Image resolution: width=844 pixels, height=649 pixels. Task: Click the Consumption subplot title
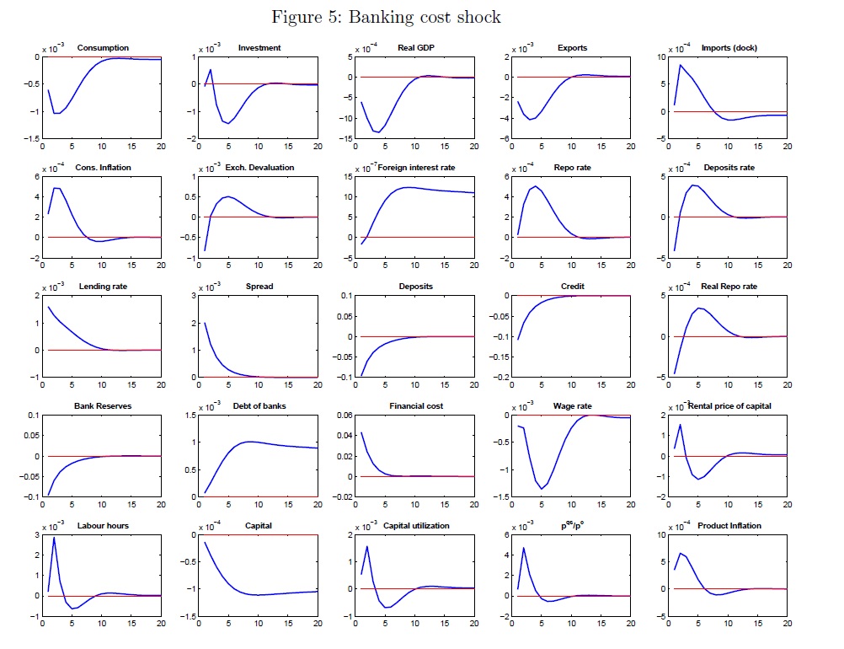pyautogui.click(x=103, y=48)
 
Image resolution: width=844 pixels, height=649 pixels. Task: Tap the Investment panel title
pyautogui.click(x=259, y=48)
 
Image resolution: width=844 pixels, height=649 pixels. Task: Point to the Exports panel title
pyautogui.click(x=573, y=48)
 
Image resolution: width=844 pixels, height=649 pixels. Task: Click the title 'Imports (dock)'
pyautogui.click(x=729, y=48)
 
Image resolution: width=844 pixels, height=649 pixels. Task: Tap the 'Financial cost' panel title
pyautogui.click(x=416, y=406)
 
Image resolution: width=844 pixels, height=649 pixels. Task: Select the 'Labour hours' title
pyautogui.click(x=103, y=526)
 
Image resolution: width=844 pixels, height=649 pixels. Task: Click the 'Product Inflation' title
pyautogui.click(x=729, y=526)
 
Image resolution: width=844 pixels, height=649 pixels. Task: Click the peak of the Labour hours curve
pyautogui.click(x=55, y=538)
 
